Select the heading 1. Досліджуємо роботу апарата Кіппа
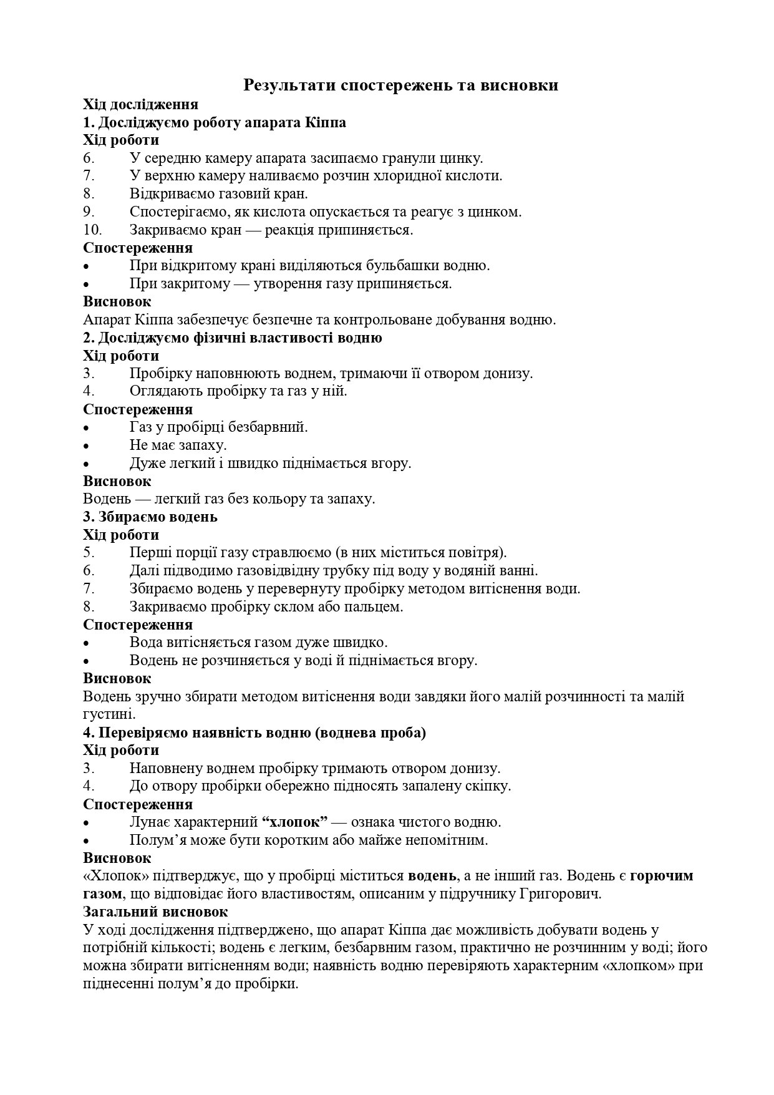[215, 122]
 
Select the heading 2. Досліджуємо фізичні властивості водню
[233, 338]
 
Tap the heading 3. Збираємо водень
[150, 517]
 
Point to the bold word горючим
[661, 876]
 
